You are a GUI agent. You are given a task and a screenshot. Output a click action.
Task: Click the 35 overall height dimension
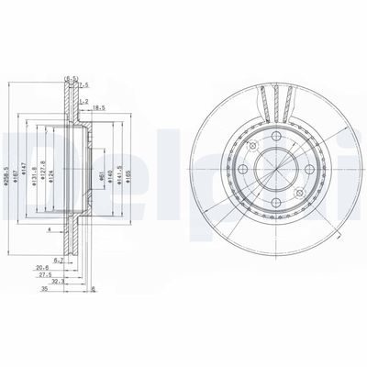43,286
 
